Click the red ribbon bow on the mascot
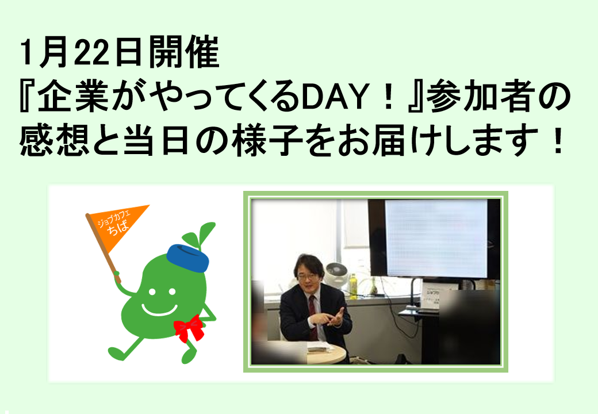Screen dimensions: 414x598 pos(189,328)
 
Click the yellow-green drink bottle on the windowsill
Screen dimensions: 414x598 pos(353,283)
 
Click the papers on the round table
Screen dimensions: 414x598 pos(317,347)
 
